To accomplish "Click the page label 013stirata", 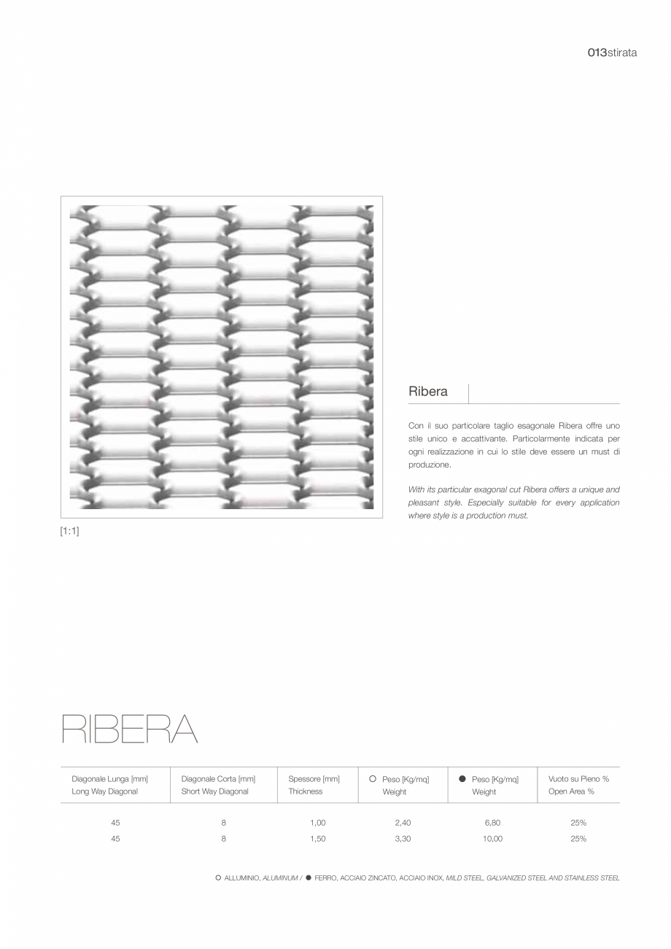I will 612,53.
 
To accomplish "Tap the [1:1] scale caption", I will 69,531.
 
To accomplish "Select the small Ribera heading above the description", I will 428,392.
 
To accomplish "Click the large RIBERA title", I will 129,729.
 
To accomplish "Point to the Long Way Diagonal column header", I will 104,791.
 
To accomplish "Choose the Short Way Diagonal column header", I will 214,791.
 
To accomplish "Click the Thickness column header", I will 305,791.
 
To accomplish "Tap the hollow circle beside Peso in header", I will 373,779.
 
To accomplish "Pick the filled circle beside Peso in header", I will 462,779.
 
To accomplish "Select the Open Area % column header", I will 571,791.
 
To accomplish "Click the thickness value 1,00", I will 317,823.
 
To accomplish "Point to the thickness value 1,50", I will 317,839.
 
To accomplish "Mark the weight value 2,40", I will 403,823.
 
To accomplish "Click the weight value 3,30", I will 403,839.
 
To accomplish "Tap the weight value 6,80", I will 492,823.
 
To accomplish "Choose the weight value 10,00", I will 492,839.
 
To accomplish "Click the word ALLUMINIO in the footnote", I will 241,878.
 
